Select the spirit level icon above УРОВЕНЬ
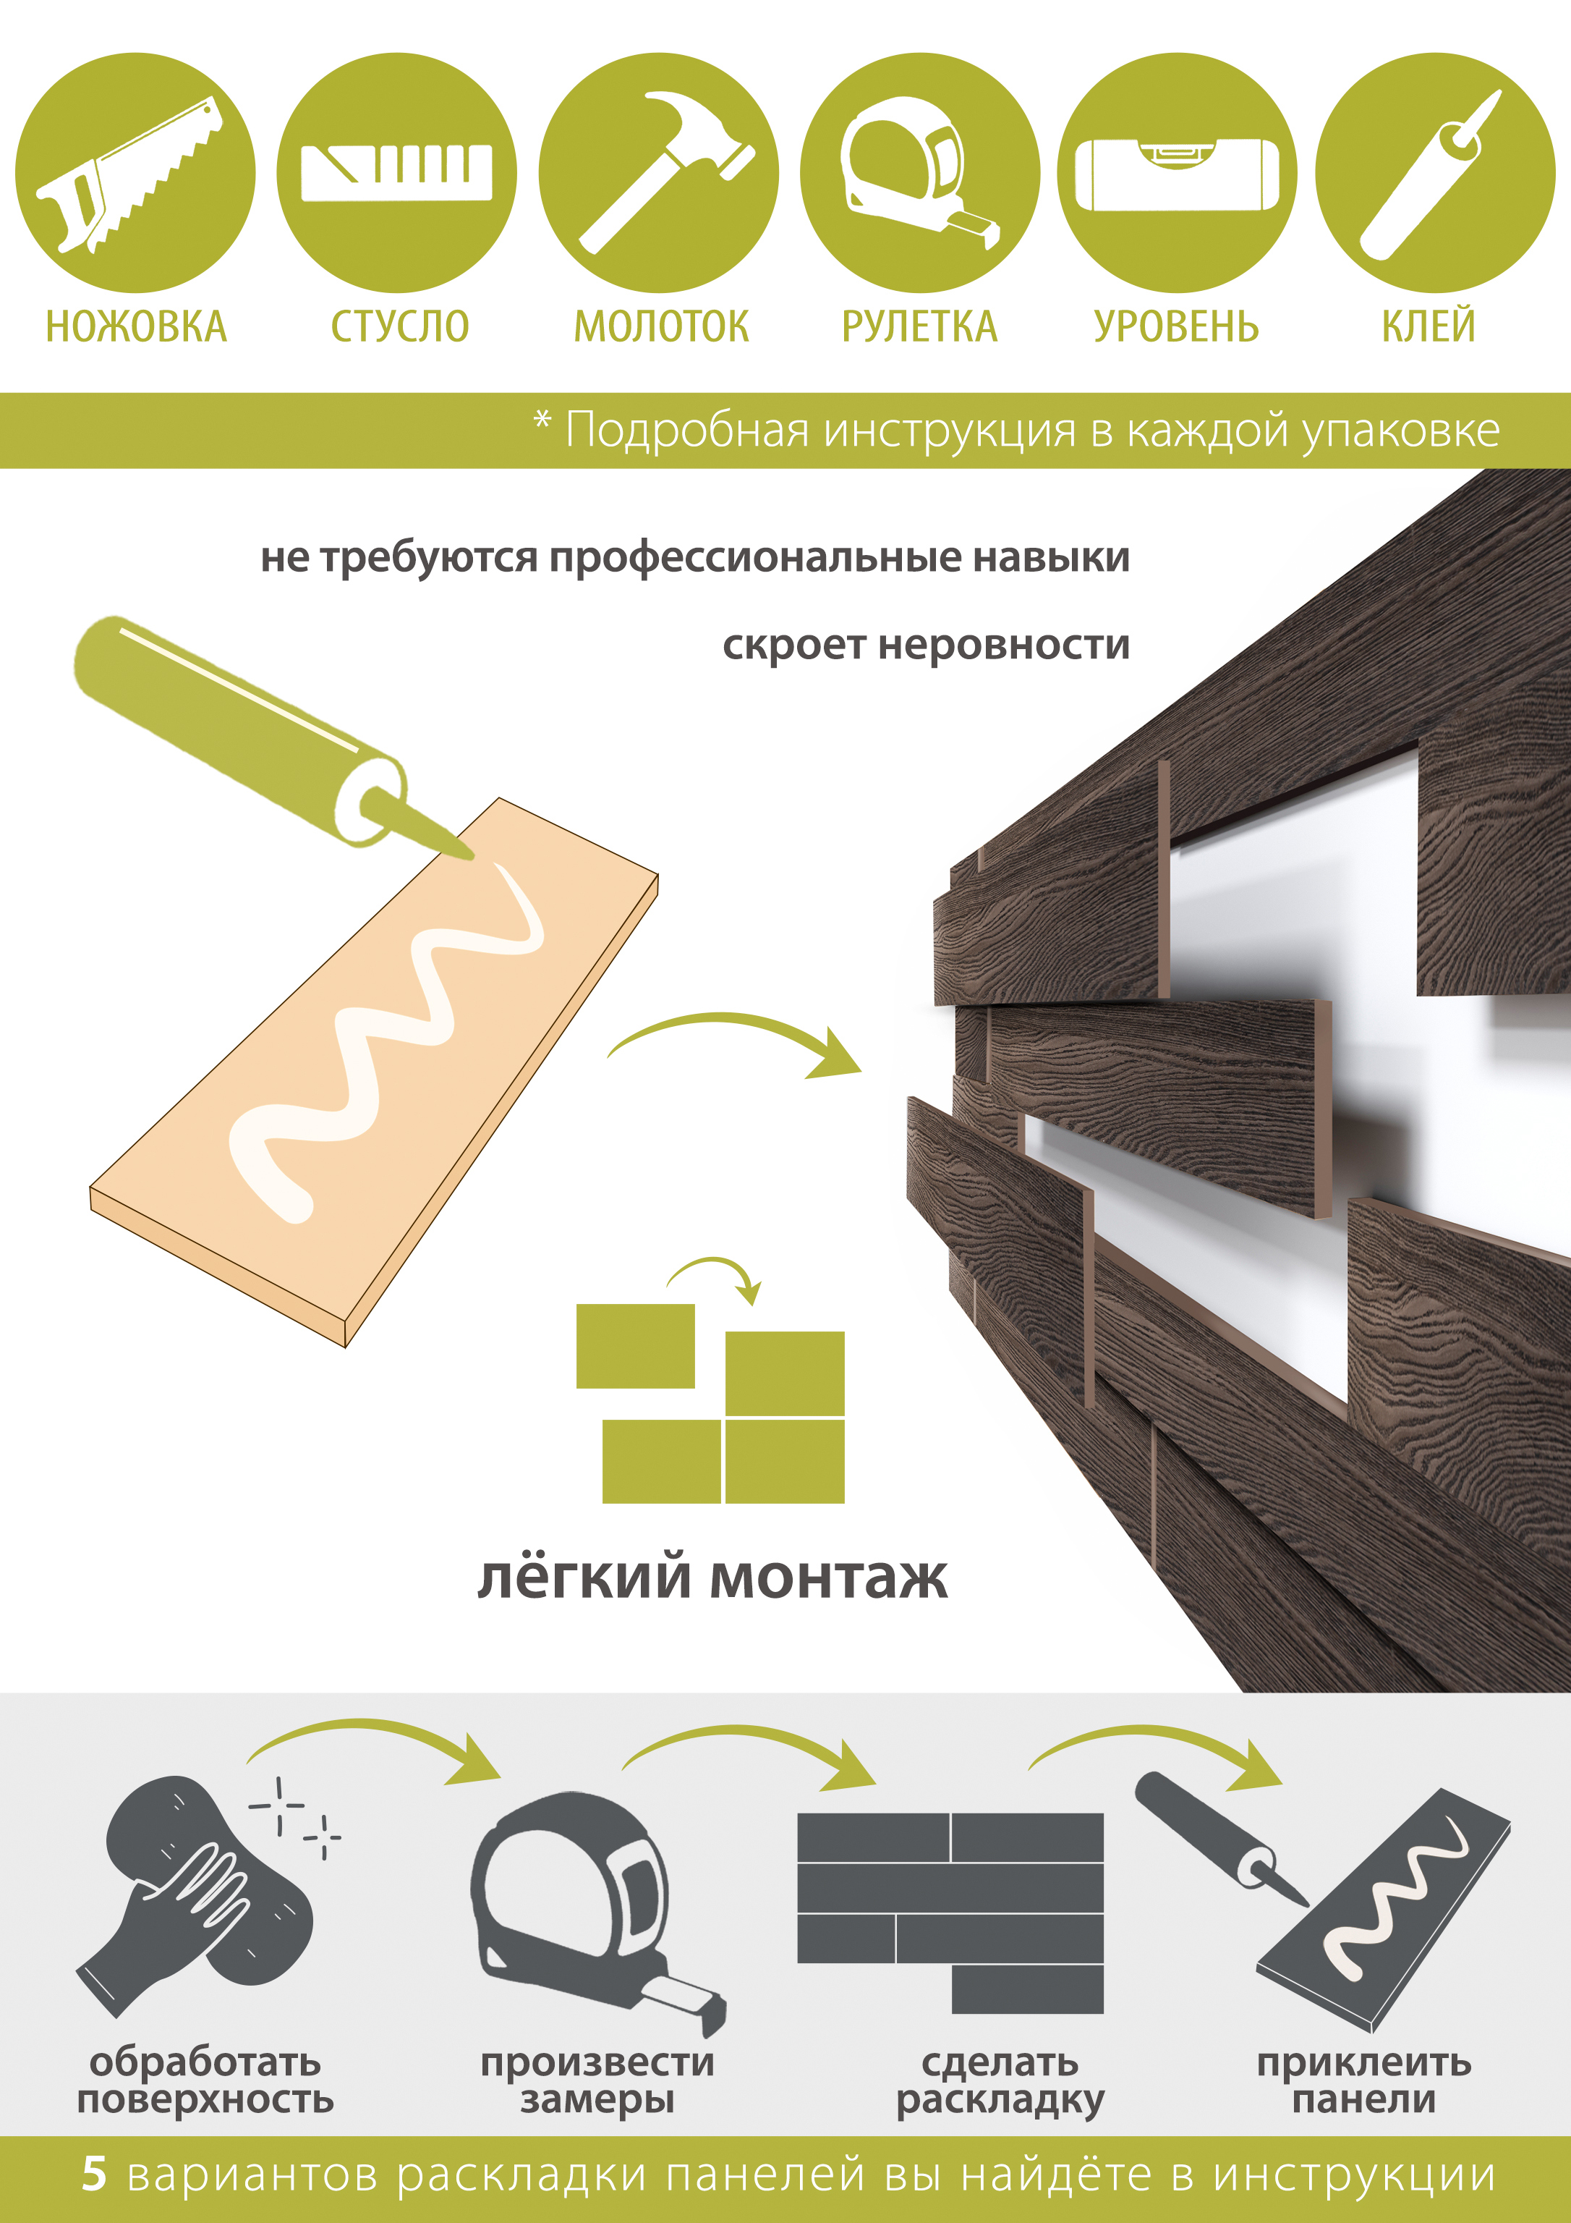click(1177, 174)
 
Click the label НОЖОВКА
click(137, 327)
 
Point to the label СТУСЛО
click(400, 327)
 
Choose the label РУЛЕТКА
click(919, 327)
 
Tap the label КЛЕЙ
click(1428, 326)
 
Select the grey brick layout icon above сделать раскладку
click(950, 1913)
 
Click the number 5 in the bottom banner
click(94, 2174)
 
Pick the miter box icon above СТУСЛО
click(397, 172)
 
